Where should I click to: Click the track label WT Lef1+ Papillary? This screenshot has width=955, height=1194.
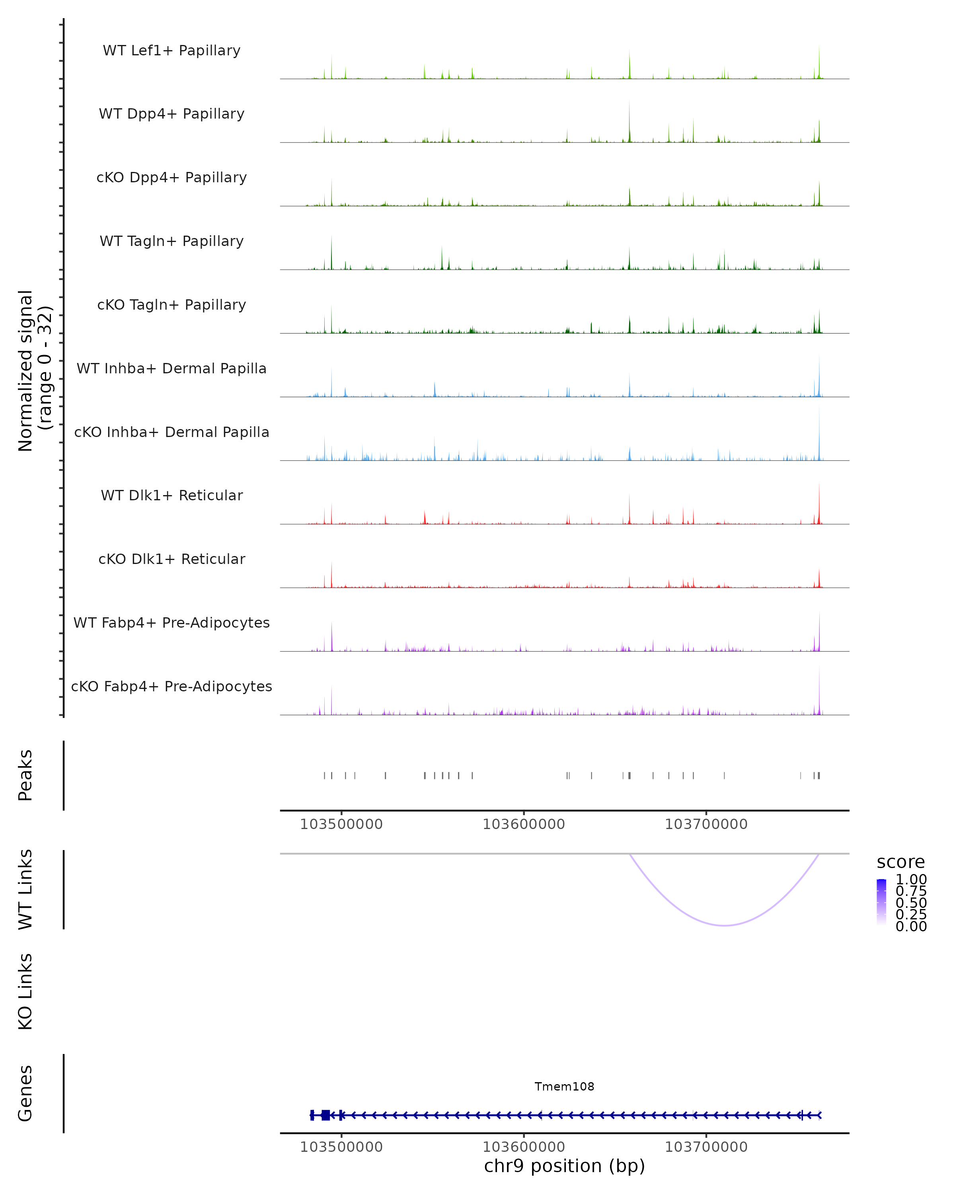tap(172, 51)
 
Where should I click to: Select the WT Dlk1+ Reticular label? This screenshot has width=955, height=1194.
tap(172, 495)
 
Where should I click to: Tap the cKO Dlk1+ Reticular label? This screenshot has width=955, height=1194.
tap(172, 559)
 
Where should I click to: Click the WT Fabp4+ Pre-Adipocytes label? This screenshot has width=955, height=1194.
tap(172, 622)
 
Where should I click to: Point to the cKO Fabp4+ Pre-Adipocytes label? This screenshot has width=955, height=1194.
tap(172, 686)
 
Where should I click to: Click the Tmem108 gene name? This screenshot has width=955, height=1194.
tap(564, 1087)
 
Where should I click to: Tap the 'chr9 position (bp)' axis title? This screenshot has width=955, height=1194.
tap(564, 1166)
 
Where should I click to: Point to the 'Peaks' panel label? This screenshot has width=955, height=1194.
tap(25, 775)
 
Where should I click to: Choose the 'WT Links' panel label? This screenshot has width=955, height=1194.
tap(25, 890)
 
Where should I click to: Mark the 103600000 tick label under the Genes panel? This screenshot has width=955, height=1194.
tap(524, 1147)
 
